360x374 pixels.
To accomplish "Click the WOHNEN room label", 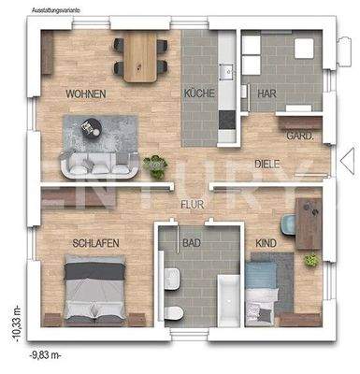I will (x=85, y=94).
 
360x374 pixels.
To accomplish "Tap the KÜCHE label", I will (x=199, y=94).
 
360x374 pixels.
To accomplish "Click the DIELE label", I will (x=269, y=165).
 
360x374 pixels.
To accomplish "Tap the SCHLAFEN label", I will (x=94, y=243).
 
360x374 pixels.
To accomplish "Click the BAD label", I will (x=193, y=243).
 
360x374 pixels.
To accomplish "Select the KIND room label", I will (x=266, y=243).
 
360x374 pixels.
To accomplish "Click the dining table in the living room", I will (x=142, y=55).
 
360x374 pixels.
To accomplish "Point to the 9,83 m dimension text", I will (x=46, y=356).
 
